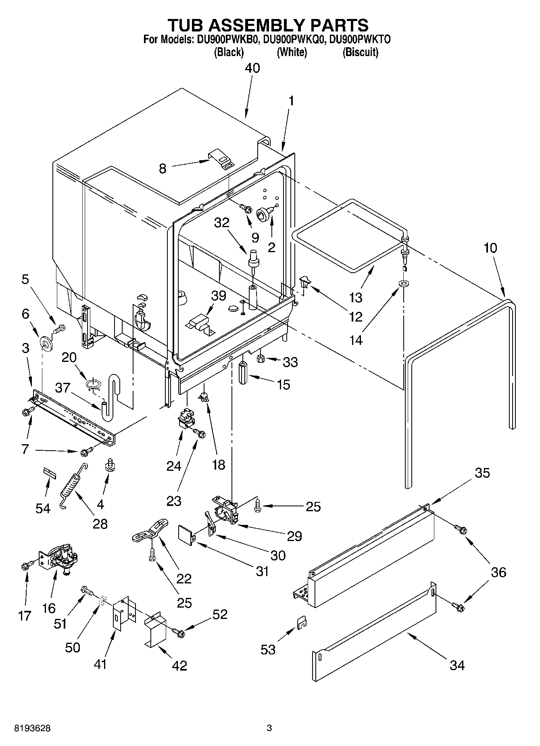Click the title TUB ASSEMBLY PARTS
click(x=268, y=25)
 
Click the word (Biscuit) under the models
click(x=360, y=52)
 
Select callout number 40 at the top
click(x=252, y=68)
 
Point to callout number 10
click(x=490, y=248)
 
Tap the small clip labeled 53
click(x=302, y=623)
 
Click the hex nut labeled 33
click(x=260, y=357)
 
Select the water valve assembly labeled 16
click(x=60, y=558)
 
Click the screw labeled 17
click(x=25, y=566)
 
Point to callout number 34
click(x=457, y=665)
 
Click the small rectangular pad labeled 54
click(x=49, y=472)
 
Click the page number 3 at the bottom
click(x=269, y=728)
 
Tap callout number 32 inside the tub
click(x=221, y=222)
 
